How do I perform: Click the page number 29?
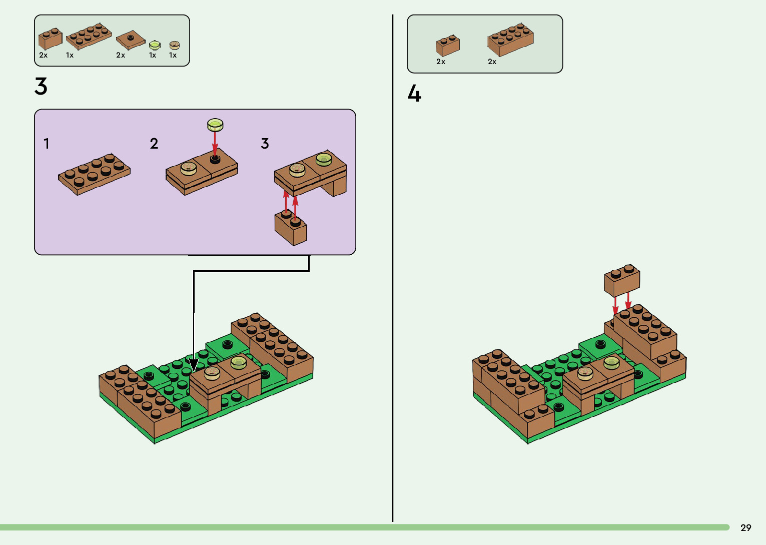pyautogui.click(x=745, y=527)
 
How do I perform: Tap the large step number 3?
pyautogui.click(x=41, y=87)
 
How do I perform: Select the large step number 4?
pyautogui.click(x=414, y=94)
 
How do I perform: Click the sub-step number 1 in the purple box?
pyautogui.click(x=47, y=144)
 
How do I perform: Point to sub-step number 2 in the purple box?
pyautogui.click(x=154, y=144)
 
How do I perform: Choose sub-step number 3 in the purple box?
pyautogui.click(x=265, y=144)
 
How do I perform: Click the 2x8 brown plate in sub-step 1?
pyautogui.click(x=94, y=174)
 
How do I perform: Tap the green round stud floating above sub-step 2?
pyautogui.click(x=215, y=125)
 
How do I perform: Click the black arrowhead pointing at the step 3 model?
pyautogui.click(x=194, y=364)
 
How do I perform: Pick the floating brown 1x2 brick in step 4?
pyautogui.click(x=622, y=280)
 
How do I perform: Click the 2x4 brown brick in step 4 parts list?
pyautogui.click(x=510, y=39)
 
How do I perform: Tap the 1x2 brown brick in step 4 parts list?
pyautogui.click(x=448, y=45)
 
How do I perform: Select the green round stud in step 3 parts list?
pyautogui.click(x=155, y=46)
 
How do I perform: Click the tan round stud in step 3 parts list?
pyautogui.click(x=174, y=46)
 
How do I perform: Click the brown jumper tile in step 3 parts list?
pyautogui.click(x=131, y=40)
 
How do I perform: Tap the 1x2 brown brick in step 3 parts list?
pyautogui.click(x=51, y=39)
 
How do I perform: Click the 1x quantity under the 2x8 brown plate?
pyautogui.click(x=70, y=56)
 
